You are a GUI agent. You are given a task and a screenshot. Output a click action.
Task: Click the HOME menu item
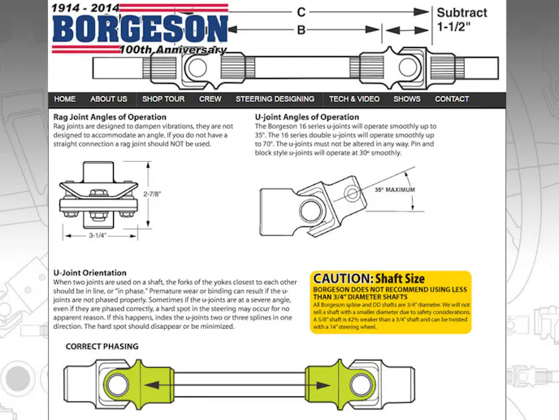(x=65, y=99)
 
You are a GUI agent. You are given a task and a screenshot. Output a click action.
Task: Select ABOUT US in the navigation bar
(x=109, y=99)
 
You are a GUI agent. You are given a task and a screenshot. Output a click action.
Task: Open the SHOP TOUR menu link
(x=163, y=99)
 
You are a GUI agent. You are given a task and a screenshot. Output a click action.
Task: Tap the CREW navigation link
(x=210, y=99)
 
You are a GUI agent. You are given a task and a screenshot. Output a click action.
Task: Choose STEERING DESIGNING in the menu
(x=275, y=99)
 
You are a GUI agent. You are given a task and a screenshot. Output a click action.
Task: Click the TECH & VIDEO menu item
(x=354, y=99)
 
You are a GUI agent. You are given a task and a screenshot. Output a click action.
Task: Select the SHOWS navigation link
(x=407, y=99)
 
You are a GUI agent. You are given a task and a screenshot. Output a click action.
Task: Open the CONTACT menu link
(x=452, y=99)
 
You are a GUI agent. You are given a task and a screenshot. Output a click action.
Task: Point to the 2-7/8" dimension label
(x=152, y=195)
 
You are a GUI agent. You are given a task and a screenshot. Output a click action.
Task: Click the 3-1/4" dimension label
(x=97, y=235)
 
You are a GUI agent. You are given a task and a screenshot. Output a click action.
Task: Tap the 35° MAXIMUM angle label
(x=394, y=190)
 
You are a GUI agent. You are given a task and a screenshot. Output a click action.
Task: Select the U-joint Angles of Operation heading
(x=307, y=117)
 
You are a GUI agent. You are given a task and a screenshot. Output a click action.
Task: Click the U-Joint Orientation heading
(x=90, y=273)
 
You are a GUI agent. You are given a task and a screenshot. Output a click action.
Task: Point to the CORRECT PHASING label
(x=102, y=346)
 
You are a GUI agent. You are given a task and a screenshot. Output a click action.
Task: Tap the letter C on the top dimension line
(x=301, y=12)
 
